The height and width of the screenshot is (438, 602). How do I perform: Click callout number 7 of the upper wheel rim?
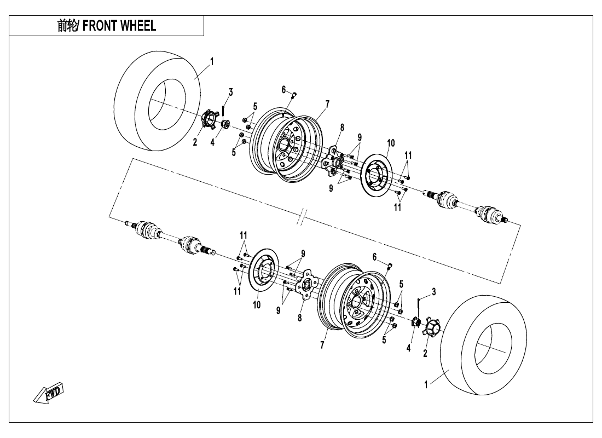(327, 103)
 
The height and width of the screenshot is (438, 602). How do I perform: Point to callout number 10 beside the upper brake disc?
(390, 143)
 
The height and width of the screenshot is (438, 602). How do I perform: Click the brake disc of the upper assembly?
(377, 172)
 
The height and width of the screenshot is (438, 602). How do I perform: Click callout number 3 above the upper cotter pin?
(230, 92)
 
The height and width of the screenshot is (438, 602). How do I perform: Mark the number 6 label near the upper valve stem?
(284, 89)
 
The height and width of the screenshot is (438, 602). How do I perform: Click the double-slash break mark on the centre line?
(302, 217)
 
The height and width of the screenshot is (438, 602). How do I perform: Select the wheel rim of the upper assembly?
(287, 145)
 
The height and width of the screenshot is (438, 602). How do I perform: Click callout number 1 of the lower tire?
(426, 384)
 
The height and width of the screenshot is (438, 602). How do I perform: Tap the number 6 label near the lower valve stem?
(374, 256)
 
